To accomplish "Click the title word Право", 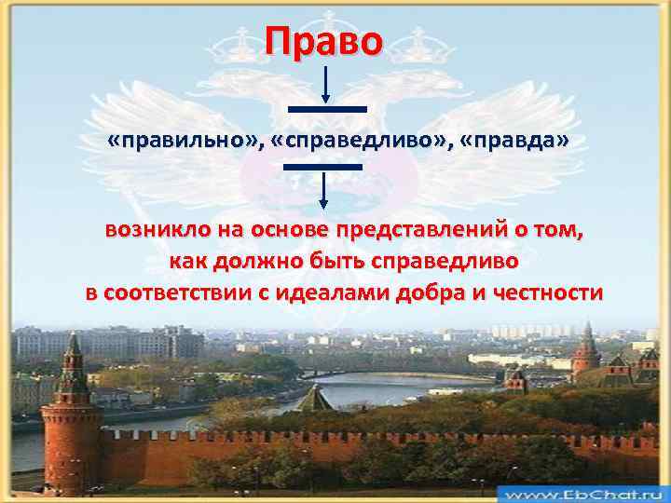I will point(322,42).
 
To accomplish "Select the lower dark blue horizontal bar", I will point(322,166).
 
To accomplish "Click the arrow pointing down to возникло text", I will point(322,191).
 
